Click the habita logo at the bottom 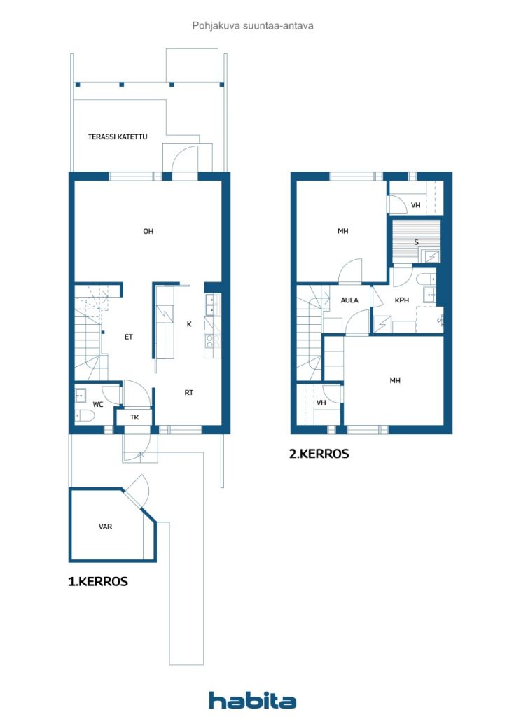click(252, 699)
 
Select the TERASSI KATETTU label click(118, 137)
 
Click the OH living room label click(148, 232)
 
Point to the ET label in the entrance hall click(129, 337)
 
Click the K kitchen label click(189, 324)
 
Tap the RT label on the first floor click(189, 393)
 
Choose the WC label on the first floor click(98, 405)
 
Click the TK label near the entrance click(134, 417)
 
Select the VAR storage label click(106, 526)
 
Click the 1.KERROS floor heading click(98, 581)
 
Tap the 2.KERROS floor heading click(319, 454)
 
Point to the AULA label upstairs click(349, 300)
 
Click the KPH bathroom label click(401, 300)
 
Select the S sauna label click(416, 242)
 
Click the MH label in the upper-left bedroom click(343, 231)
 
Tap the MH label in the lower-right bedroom click(396, 381)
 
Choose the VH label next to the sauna click(416, 205)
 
